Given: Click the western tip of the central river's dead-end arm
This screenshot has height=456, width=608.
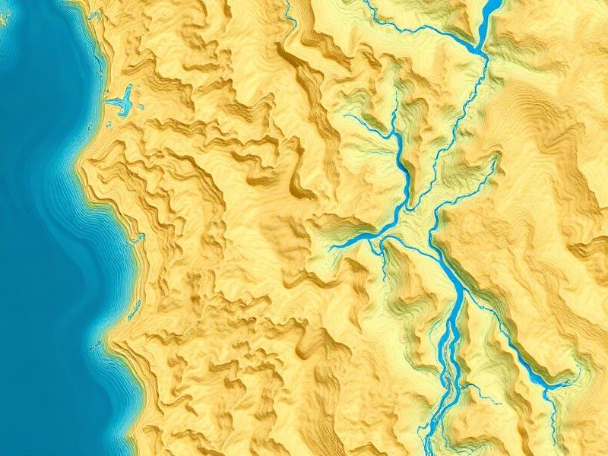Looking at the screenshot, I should [x=331, y=248].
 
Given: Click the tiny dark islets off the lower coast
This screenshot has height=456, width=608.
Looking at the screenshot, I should [x=97, y=346].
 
